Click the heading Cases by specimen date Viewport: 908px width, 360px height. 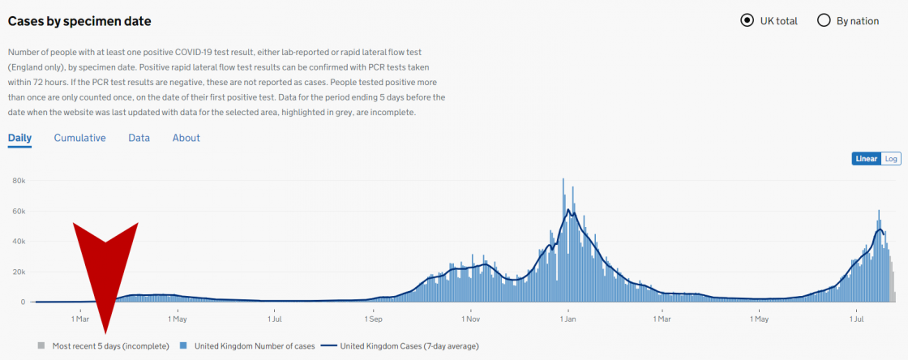tap(79, 21)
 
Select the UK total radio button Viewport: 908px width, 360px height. tap(747, 21)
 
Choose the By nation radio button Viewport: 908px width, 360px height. tap(823, 21)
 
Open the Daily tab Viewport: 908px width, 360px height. tap(19, 138)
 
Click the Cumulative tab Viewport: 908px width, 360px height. tap(79, 138)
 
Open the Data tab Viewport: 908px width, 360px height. tap(139, 138)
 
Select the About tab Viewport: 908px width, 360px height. tap(186, 138)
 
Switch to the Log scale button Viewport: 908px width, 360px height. tap(891, 159)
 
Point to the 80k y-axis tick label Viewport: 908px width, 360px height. tap(20, 181)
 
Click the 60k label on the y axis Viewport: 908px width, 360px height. tap(20, 212)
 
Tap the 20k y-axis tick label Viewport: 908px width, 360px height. tap(20, 272)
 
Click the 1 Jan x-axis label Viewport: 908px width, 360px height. tap(568, 319)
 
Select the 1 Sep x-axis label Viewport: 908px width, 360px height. tap(373, 319)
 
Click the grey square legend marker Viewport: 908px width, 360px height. tap(41, 346)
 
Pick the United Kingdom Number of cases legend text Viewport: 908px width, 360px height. tap(249, 346)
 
